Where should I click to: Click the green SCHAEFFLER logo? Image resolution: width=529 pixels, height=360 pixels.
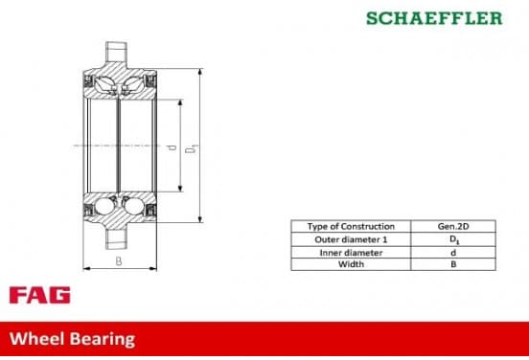click(434, 18)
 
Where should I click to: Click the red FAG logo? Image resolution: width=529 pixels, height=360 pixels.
click(40, 295)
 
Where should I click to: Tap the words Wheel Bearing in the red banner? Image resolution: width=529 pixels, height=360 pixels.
click(72, 339)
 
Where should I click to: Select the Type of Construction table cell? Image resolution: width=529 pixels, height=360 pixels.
click(351, 227)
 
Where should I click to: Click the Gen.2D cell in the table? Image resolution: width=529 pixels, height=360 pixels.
click(453, 227)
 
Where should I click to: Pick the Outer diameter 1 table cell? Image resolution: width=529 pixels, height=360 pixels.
click(351, 239)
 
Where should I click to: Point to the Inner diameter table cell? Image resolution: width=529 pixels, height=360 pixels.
click(351, 253)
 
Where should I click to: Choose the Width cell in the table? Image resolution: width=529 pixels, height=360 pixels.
click(351, 264)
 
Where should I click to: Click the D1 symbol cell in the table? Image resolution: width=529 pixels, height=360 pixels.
click(453, 239)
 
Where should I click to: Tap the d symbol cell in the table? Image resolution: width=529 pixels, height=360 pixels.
click(453, 253)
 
